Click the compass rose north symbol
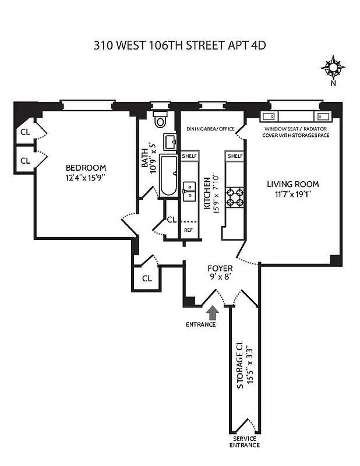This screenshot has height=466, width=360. click(333, 68)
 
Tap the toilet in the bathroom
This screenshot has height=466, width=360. click(160, 120)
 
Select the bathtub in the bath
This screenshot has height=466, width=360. click(168, 175)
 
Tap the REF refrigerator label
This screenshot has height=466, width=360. click(188, 230)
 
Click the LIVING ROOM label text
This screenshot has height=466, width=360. click(293, 184)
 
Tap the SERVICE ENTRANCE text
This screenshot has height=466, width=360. click(245, 442)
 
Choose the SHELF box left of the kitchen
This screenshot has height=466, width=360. click(189, 156)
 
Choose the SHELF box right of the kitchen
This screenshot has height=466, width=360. click(235, 156)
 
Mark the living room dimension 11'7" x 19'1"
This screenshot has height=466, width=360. click(293, 195)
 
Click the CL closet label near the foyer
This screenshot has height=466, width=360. click(147, 278)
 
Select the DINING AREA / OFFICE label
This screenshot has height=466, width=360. click(210, 128)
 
